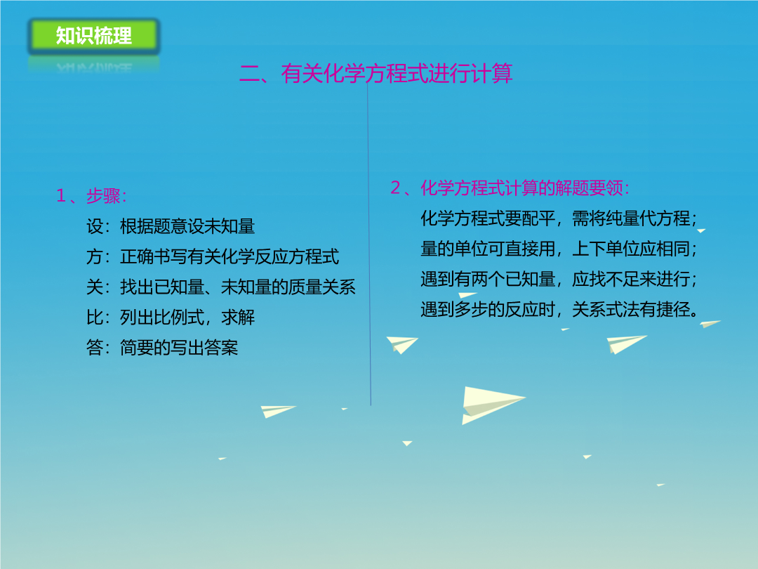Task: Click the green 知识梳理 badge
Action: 93,36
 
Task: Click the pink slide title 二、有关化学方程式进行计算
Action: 375,74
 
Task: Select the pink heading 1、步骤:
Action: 91,196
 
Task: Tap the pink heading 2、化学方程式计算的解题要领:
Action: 510,188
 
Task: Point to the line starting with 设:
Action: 171,226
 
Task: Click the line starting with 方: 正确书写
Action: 213,256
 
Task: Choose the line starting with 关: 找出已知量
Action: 221,287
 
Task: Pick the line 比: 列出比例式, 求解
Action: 171,318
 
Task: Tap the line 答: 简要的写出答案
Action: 162,348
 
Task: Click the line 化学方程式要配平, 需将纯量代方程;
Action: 559,218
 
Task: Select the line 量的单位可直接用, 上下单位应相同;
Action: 559,249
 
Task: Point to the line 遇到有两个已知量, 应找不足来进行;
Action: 559,279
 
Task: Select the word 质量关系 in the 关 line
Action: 322,287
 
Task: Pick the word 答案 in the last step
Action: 221,348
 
